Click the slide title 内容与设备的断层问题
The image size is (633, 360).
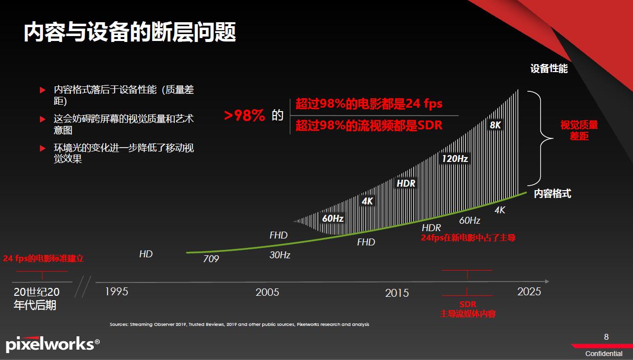tap(130, 32)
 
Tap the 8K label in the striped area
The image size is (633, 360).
tap(495, 125)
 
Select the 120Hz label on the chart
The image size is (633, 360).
tap(454, 159)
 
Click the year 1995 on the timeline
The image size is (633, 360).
tap(117, 291)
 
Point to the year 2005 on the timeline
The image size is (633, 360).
tap(267, 292)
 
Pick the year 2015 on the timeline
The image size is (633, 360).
tap(397, 293)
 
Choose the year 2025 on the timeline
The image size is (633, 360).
tap(529, 291)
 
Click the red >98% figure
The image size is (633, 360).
tap(245, 116)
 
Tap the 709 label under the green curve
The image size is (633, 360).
tap(211, 259)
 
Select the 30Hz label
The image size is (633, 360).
tap(279, 255)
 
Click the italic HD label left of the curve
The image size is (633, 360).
tap(146, 254)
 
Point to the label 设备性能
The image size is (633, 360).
tap(549, 69)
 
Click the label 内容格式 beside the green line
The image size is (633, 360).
tap(553, 194)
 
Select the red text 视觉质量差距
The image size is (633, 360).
tap(579, 130)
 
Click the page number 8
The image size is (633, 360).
tap(606, 337)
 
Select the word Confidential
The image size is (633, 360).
tap(604, 354)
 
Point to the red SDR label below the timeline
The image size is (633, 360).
tap(468, 304)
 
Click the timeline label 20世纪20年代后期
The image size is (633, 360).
tap(36, 299)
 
